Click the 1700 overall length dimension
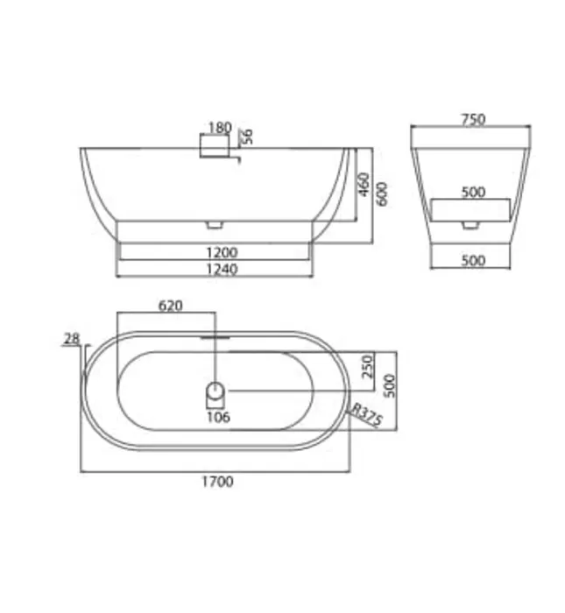coord(217,482)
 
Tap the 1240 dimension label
coord(222,269)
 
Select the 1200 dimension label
coord(222,252)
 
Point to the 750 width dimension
coord(473,119)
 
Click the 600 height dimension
coord(382,194)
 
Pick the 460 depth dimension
coord(364,185)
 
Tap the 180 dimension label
coord(220,128)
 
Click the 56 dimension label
coord(247,137)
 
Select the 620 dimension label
coord(171,306)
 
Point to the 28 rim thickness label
coord(72,338)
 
